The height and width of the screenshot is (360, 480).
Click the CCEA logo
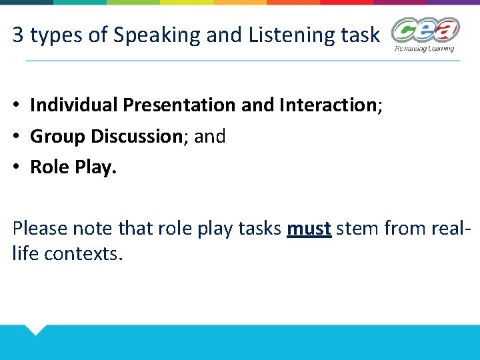click(425, 31)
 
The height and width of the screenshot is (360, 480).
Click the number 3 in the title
click(18, 35)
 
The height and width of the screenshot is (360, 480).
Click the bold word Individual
click(74, 105)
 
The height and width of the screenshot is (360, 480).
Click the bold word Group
click(58, 137)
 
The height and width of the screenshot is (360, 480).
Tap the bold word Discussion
click(136, 137)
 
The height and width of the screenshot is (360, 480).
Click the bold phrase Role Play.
click(73, 167)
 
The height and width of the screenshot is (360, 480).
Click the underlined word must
click(309, 229)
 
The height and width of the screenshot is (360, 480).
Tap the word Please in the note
click(39, 229)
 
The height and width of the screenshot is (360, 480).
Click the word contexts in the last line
click(83, 254)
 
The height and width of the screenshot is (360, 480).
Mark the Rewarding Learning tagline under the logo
click(424, 49)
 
